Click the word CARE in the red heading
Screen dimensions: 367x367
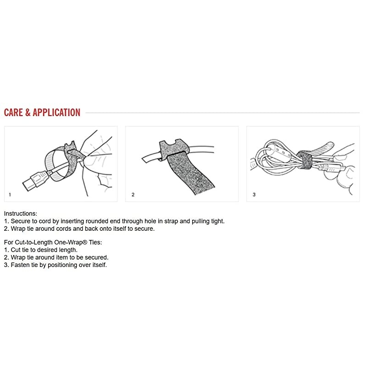pos(14,112)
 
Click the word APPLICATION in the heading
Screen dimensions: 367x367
pos(56,112)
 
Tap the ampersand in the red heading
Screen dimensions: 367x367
pos(28,112)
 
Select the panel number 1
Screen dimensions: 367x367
pos(10,195)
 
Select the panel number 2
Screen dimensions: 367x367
pos(133,195)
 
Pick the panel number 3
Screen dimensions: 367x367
pos(254,195)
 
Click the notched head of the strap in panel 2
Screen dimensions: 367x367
pos(174,148)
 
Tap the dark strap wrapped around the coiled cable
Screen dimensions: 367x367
pos(305,160)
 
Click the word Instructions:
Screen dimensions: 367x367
pos(21,214)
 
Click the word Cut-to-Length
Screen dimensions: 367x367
pos(33,243)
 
